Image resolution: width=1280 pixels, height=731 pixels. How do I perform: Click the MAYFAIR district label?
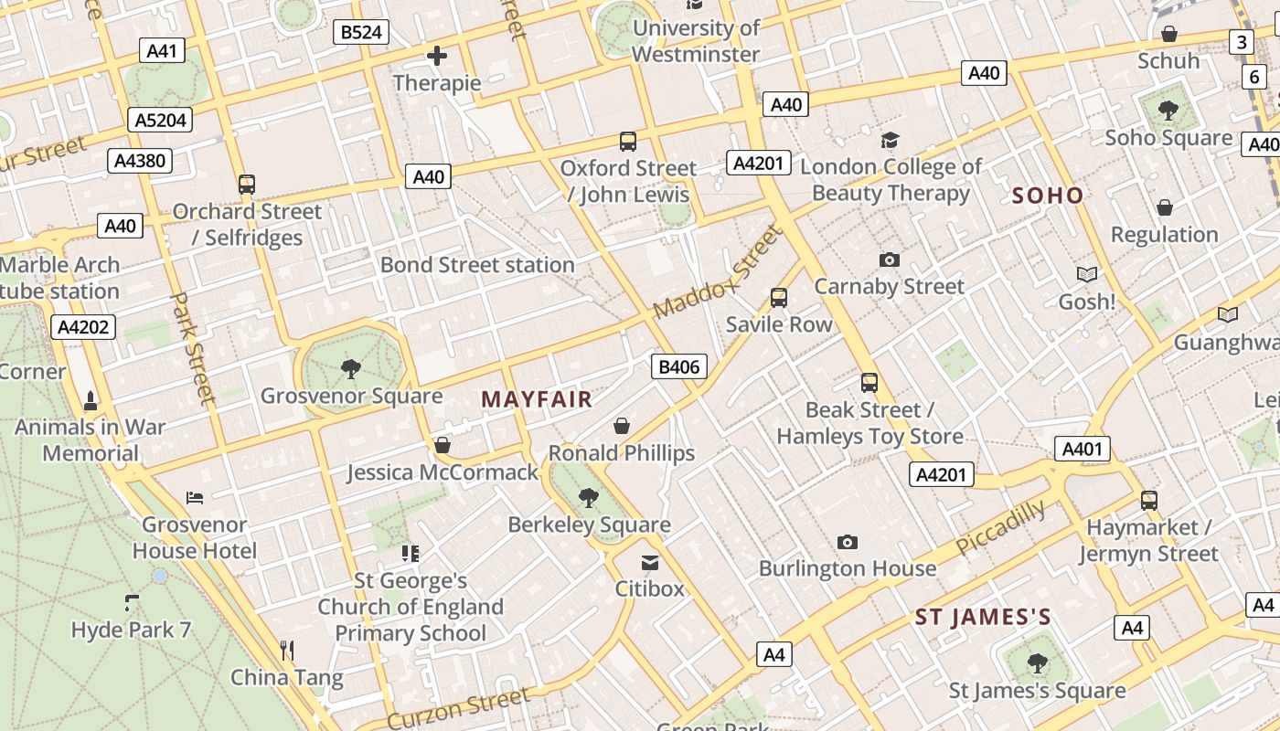(x=537, y=399)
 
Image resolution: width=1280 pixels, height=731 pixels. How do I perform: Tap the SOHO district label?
(x=1048, y=196)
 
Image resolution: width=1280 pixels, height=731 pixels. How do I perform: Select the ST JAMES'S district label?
(x=983, y=618)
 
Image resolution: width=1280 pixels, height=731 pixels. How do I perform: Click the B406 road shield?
(x=678, y=367)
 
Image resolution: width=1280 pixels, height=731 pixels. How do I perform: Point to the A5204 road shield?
(x=161, y=120)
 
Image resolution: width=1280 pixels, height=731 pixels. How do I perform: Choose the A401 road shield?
(x=1083, y=449)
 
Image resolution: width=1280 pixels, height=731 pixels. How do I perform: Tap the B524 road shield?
(x=361, y=33)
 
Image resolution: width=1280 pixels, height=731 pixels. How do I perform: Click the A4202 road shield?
(x=83, y=327)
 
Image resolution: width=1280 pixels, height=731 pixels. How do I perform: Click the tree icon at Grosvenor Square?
(x=350, y=369)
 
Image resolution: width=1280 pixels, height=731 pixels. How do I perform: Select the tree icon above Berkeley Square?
(x=589, y=498)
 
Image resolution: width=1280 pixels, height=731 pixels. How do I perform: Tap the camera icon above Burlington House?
(x=848, y=543)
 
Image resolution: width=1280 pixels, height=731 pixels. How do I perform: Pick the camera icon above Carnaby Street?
(x=889, y=260)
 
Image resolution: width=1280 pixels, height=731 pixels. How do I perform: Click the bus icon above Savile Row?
(x=779, y=298)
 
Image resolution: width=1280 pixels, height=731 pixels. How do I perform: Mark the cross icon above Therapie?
(x=437, y=57)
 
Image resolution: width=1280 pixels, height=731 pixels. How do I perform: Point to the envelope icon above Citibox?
(x=649, y=562)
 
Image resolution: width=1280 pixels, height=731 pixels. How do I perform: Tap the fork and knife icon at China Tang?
(x=287, y=651)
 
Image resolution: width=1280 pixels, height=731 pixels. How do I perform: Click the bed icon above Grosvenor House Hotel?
(x=195, y=498)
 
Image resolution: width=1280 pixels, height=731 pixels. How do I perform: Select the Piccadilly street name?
(x=1000, y=527)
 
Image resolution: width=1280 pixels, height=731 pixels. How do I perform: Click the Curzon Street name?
(x=458, y=708)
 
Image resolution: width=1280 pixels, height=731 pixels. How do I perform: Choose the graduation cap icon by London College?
(x=890, y=141)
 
